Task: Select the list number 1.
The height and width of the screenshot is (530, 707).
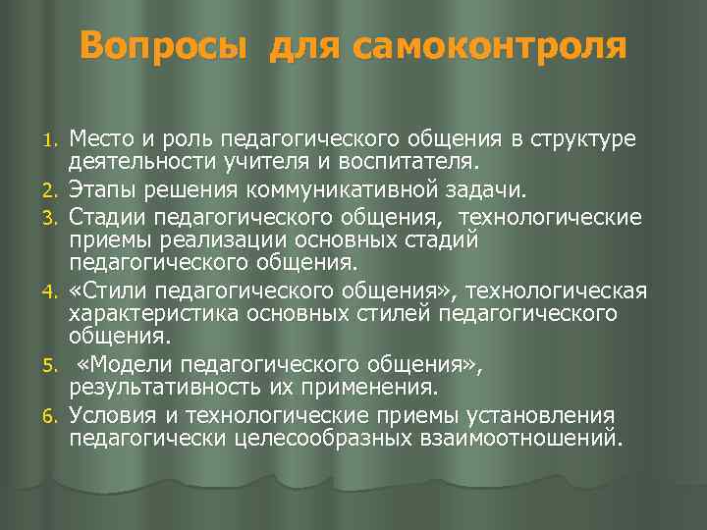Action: pyautogui.click(x=57, y=138)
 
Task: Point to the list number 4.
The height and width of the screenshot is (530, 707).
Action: pyautogui.click(x=57, y=293)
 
